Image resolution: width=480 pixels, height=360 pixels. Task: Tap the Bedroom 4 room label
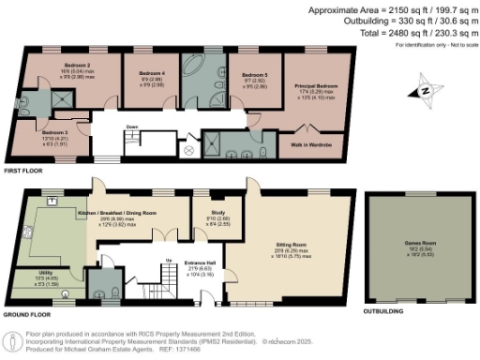[152, 72]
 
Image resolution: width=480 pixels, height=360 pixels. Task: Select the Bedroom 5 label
[255, 75]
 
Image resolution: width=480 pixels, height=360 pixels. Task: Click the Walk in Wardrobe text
[311, 142]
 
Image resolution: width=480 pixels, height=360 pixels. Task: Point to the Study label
[214, 213]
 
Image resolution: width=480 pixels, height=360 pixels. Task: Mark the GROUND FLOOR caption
[27, 315]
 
